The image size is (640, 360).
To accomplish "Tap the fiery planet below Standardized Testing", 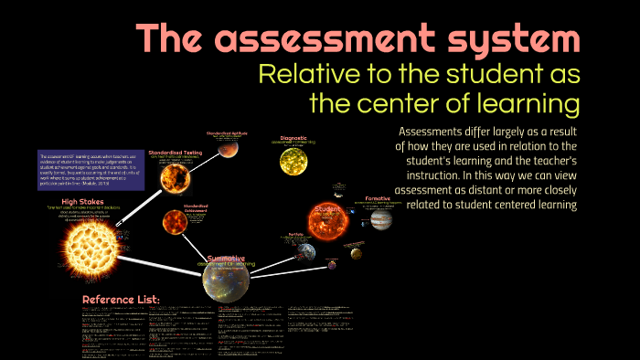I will click(175, 221).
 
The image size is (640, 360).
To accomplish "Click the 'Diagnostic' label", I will click(299, 139).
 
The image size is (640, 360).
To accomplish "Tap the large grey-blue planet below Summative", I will click(226, 284).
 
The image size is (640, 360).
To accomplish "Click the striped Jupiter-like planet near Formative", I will click(380, 220).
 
